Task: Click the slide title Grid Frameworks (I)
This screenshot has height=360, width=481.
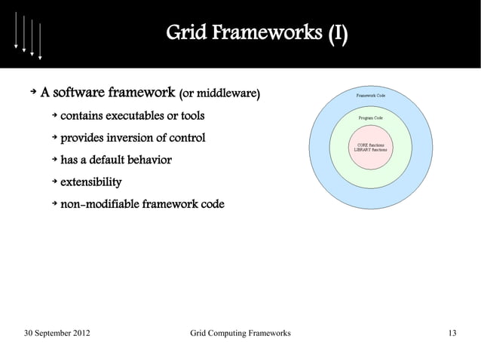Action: [257, 33]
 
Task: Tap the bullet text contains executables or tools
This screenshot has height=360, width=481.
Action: [132, 117]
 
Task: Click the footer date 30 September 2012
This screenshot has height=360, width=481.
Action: [60, 334]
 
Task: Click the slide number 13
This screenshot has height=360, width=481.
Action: [452, 334]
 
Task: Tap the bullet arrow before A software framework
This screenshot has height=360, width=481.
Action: [32, 94]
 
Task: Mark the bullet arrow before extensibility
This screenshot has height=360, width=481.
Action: [54, 182]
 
